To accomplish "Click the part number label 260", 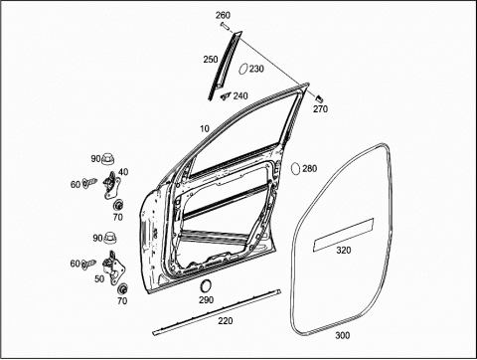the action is click(223, 15).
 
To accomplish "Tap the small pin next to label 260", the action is click(226, 27).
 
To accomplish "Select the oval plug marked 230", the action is click(243, 70).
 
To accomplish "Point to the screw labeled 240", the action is click(226, 95).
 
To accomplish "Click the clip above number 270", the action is click(319, 98).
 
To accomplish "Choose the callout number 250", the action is click(211, 60).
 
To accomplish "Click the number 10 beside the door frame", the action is click(205, 128).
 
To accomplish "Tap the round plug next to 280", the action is click(295, 168).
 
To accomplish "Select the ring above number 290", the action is click(206, 286).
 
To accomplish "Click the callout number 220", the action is click(226, 321).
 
